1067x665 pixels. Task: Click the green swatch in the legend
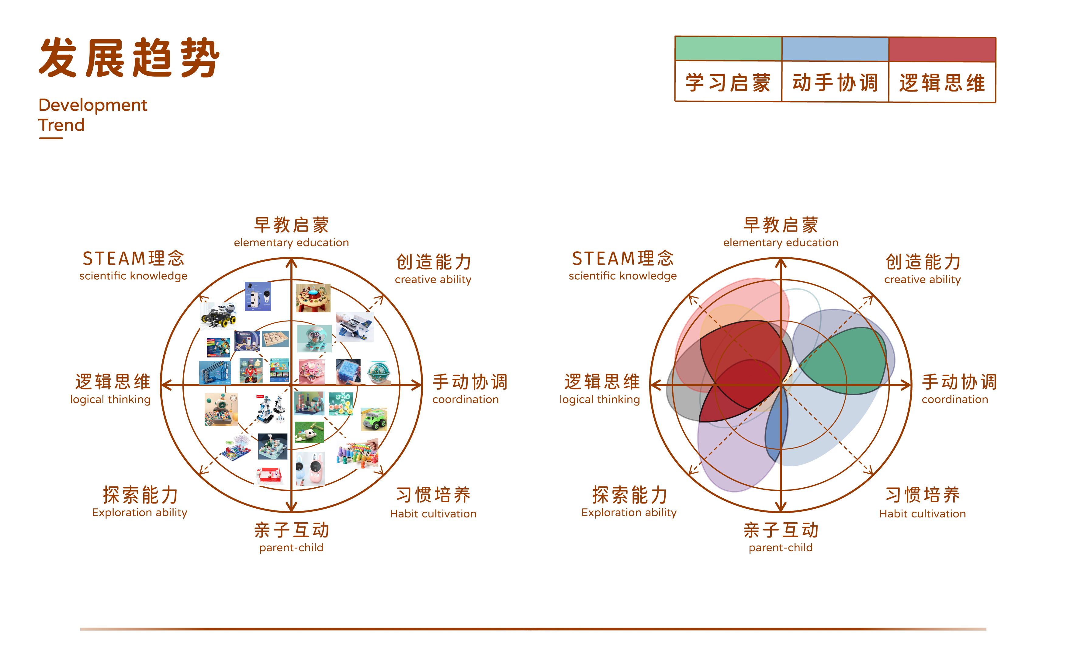coord(728,49)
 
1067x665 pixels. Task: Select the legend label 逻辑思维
coord(942,83)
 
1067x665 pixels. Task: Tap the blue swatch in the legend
coord(835,49)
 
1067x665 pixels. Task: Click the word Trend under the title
coord(61,125)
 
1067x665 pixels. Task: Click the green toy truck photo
coord(374,419)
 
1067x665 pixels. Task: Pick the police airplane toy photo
coord(354,327)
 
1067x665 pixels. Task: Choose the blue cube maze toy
coord(348,371)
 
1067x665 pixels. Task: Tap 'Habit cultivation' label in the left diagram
coord(433,514)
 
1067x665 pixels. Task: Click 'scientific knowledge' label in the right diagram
coord(622,276)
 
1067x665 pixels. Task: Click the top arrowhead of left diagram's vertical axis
coord(291,263)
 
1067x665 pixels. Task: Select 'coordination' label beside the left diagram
coord(465,399)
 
